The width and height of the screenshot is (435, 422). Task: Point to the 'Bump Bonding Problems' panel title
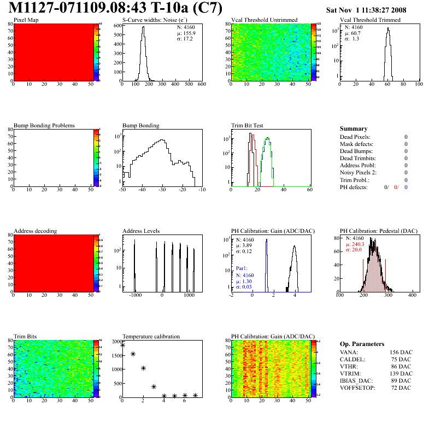[44, 126]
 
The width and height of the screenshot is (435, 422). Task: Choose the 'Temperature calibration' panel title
[151, 337]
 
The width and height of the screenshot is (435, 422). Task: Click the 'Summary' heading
[354, 128]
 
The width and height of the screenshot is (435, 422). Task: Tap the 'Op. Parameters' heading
[361, 344]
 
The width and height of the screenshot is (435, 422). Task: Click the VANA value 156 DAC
[400, 353]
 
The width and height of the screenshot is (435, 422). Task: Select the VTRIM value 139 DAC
[400, 374]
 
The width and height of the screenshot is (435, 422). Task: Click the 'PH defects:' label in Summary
[355, 187]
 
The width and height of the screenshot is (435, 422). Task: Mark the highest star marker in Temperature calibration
[122, 345]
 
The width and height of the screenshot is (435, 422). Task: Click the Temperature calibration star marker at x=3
[154, 386]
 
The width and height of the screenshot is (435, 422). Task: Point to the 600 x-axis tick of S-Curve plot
[201, 85]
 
